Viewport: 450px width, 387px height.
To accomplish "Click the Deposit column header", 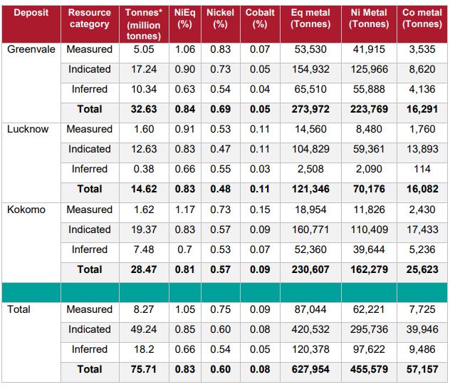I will pyautogui.click(x=31, y=13).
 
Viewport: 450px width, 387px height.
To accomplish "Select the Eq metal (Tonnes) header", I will pyautogui.click(x=310, y=19).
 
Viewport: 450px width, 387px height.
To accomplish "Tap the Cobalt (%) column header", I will pyautogui.click(x=260, y=19).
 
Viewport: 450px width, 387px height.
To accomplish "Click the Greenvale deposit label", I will pyautogui.click(x=31, y=49).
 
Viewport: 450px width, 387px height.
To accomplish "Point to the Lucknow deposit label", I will pyautogui.click(x=28, y=129).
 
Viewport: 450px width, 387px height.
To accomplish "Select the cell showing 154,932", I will pyautogui.click(x=310, y=69).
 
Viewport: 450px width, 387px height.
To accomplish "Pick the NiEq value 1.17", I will pyautogui.click(x=184, y=210).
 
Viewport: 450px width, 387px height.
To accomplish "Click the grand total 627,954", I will pyautogui.click(x=310, y=369).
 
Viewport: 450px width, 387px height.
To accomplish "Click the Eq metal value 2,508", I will pyautogui.click(x=310, y=169).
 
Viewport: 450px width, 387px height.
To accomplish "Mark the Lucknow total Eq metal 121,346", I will pyautogui.click(x=310, y=189).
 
